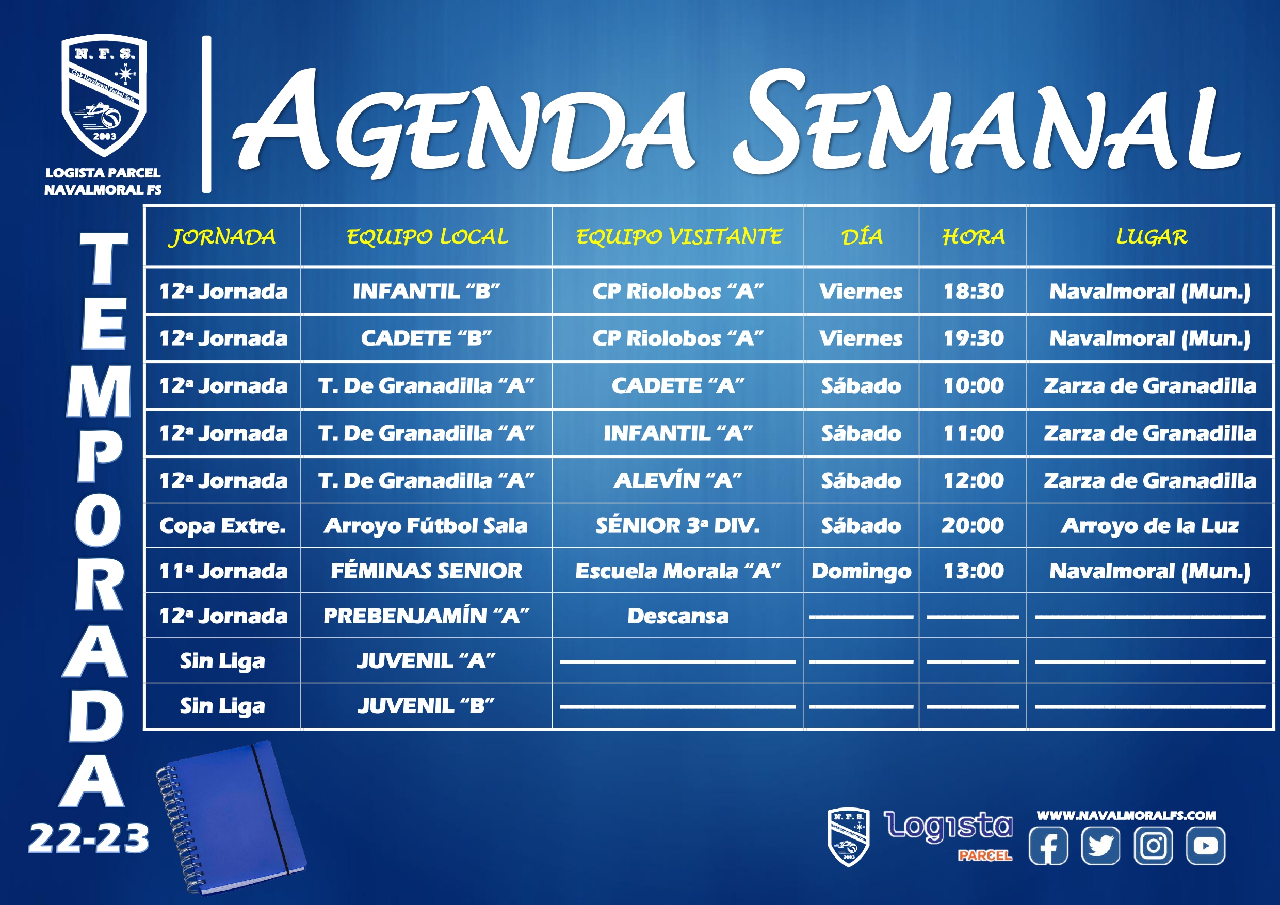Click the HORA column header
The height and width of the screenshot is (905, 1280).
click(x=974, y=237)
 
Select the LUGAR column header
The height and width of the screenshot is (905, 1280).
click(x=1151, y=237)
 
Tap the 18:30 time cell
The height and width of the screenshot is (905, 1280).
click(x=974, y=291)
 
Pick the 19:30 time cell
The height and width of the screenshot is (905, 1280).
click(x=974, y=338)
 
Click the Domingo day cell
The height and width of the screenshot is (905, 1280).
click(x=861, y=572)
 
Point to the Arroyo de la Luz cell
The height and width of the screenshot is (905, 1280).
click(x=1150, y=526)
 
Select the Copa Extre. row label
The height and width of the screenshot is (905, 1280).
click(x=222, y=525)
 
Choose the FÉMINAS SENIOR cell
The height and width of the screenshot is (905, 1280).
click(x=427, y=571)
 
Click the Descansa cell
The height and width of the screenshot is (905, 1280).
click(x=678, y=616)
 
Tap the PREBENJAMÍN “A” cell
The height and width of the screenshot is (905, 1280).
click(x=427, y=616)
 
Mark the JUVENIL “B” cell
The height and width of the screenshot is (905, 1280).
click(x=427, y=706)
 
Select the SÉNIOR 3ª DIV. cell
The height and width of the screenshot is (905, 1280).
click(x=678, y=525)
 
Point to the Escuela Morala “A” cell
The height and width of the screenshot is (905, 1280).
click(x=678, y=571)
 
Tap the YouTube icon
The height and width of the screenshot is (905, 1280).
click(x=1206, y=846)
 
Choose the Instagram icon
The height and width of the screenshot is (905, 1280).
click(x=1154, y=846)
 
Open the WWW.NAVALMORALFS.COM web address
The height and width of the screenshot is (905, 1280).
click(x=1126, y=815)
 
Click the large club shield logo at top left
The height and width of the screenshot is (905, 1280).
click(x=104, y=96)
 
